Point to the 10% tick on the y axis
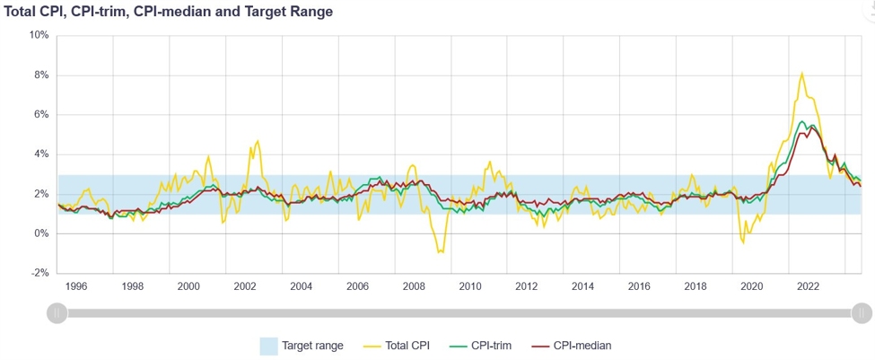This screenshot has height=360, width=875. point(39,35)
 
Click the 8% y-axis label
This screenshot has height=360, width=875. point(41,75)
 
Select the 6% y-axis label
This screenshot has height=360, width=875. point(41,114)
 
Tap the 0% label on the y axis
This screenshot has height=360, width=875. point(41,233)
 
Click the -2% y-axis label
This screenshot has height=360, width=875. point(39,273)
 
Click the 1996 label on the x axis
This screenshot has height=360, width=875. point(76,287)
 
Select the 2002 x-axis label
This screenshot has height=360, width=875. point(246,287)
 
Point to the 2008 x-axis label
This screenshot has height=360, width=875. point(415,287)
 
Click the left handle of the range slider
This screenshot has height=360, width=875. point(57,312)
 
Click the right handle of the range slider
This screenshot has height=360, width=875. point(861,312)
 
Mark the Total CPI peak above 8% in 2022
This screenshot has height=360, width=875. point(801,74)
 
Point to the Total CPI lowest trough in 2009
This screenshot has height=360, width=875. point(440,252)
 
